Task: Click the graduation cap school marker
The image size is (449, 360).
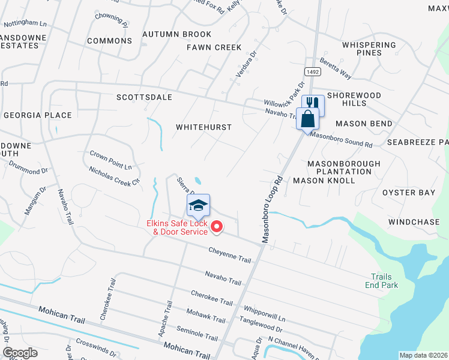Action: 198,206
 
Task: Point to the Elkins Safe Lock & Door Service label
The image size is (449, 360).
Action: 177,227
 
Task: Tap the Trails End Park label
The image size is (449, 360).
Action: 382,281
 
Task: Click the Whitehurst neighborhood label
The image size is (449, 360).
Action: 203,127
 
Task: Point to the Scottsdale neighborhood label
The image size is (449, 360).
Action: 144,97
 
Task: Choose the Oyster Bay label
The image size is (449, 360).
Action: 409,193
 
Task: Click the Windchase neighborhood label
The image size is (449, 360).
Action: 414,222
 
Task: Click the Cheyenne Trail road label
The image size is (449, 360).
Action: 230,254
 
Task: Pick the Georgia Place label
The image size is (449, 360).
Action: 37,115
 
